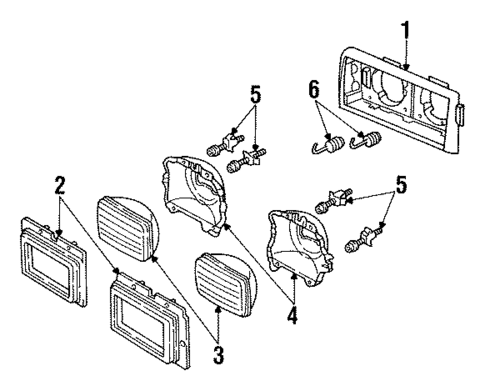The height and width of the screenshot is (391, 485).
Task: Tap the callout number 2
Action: click(59, 185)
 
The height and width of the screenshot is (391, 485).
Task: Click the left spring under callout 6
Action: click(325, 149)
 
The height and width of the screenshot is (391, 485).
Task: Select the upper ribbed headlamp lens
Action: click(124, 228)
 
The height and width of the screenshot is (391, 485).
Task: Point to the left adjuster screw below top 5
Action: click(218, 149)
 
